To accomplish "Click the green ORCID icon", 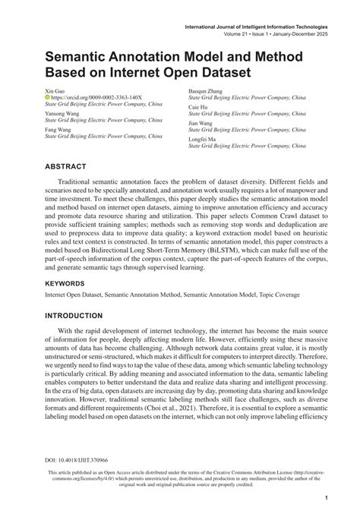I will (49, 97).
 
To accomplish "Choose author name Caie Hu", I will (201, 106).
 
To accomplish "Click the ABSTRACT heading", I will (69, 164).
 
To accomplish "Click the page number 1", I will (325, 498).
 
